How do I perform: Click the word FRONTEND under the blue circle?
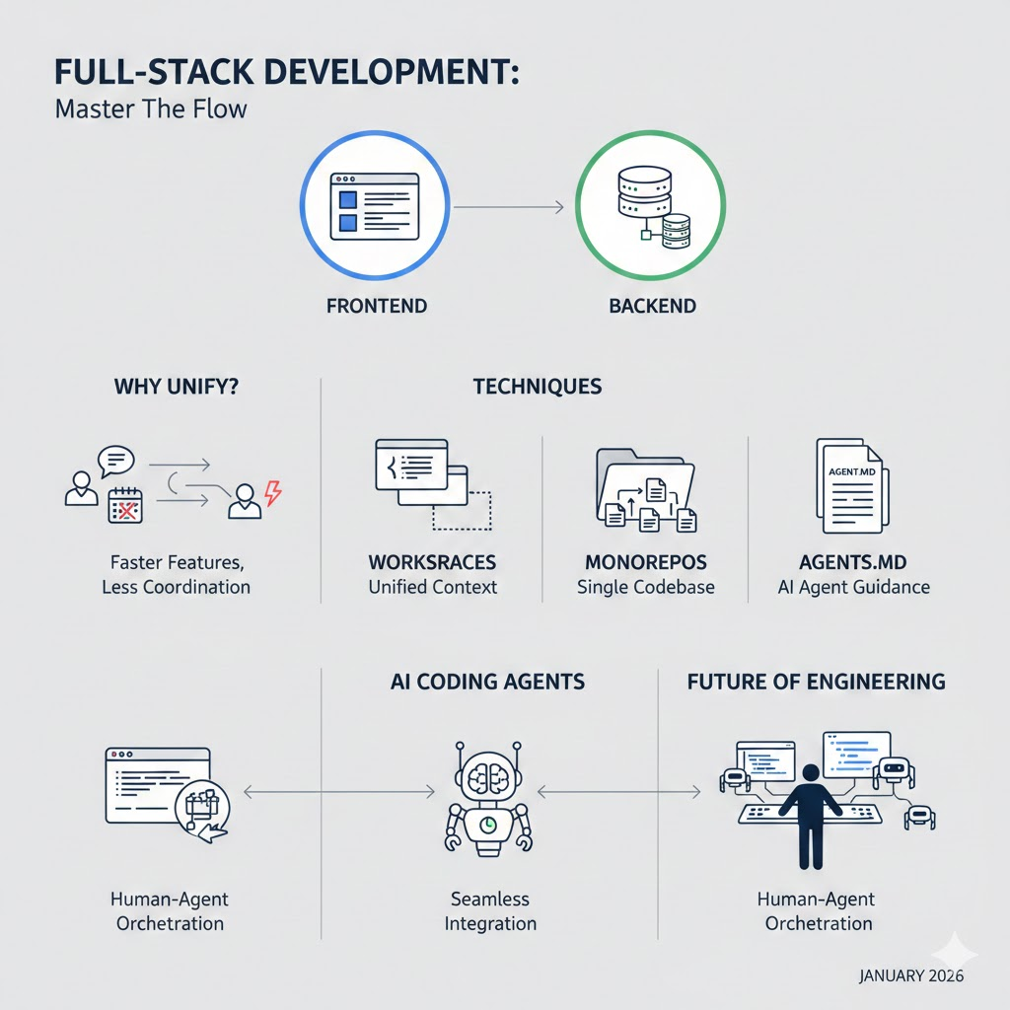376,306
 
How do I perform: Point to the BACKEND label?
652,306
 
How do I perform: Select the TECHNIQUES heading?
538,387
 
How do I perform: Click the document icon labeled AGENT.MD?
847,485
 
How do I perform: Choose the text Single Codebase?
646,588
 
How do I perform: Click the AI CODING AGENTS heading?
488,681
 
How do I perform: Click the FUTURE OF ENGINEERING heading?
816,681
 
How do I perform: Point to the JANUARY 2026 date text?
911,976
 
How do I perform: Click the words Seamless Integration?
490,911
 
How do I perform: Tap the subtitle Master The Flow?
151,108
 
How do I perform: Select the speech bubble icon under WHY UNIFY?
115,460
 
